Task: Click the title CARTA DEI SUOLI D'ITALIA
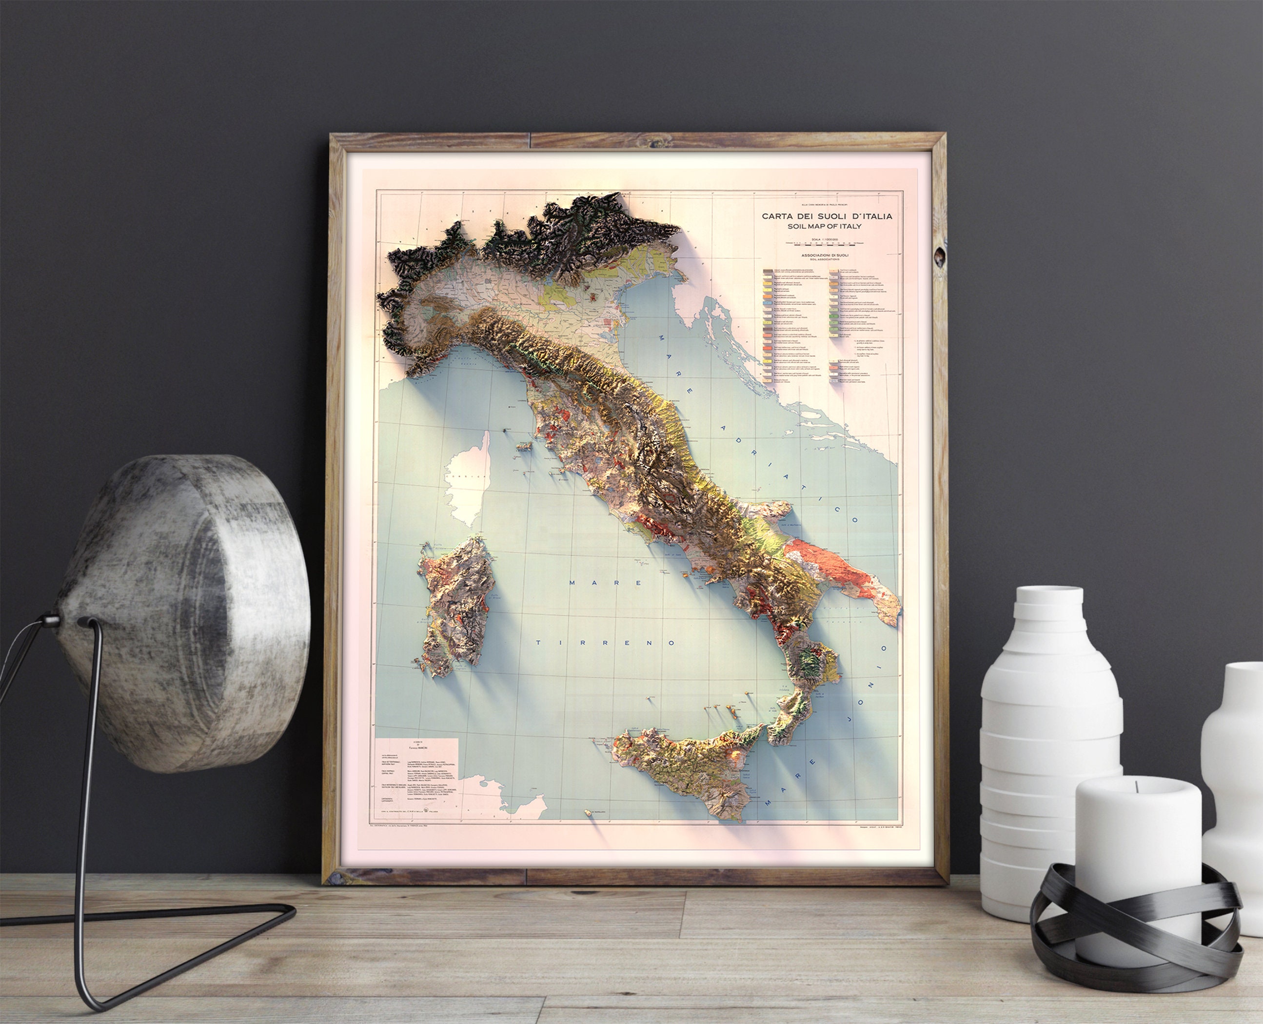827,216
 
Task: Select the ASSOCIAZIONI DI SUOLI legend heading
825,256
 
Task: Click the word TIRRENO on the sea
605,642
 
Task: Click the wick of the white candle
1137,786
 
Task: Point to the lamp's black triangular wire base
147,920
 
